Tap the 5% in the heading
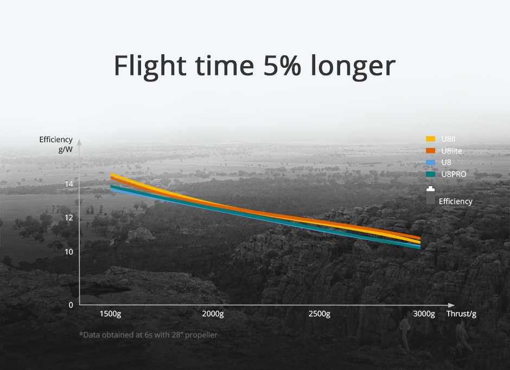[x=282, y=65]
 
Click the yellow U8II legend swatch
[x=430, y=139]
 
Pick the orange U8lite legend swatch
[x=430, y=150]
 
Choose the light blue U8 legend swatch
[x=430, y=162]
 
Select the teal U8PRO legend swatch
[x=430, y=174]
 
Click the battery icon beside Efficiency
[x=430, y=195]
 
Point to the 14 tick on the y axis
[x=69, y=184]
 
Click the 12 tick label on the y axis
[x=69, y=218]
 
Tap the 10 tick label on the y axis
[x=69, y=252]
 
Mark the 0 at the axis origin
[x=71, y=305]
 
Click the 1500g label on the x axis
[x=110, y=314]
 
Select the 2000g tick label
[x=213, y=314]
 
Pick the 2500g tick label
[x=320, y=314]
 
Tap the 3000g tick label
[x=424, y=314]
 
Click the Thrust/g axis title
[x=461, y=314]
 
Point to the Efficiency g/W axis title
[x=56, y=144]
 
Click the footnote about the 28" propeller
[x=148, y=335]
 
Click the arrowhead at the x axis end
[x=451, y=305]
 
